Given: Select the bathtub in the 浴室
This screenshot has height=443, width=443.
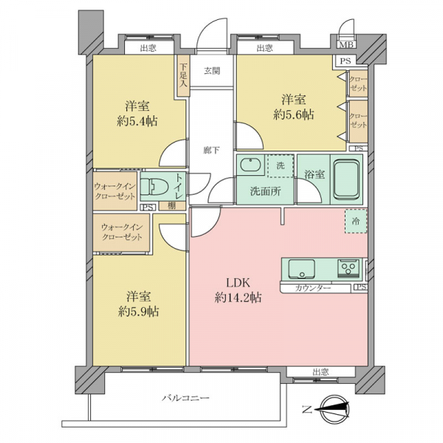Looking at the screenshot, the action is click(347, 179).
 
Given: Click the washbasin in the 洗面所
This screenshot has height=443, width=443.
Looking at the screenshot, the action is click(250, 165).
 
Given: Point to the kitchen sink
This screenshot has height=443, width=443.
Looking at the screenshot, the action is click(301, 269).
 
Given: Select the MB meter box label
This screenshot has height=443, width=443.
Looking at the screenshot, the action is click(346, 44).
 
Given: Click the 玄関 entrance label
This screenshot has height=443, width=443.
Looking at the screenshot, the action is click(212, 71).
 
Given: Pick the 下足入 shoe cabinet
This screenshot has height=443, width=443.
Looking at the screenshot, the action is click(184, 75).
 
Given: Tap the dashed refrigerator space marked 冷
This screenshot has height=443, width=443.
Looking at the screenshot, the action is click(356, 221).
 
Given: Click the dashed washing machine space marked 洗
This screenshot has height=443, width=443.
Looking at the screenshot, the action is click(281, 166).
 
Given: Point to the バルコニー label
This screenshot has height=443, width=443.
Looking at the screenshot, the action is click(185, 398).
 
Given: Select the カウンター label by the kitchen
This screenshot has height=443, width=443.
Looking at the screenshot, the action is click(312, 289).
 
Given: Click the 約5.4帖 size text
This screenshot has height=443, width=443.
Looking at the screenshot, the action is click(137, 121).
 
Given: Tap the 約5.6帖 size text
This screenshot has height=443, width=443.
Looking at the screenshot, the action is click(293, 114).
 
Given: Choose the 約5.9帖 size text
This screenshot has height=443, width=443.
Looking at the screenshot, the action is click(139, 312).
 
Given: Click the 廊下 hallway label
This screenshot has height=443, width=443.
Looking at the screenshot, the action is click(212, 150).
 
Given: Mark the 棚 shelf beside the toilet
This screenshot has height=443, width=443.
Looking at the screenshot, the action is click(172, 206).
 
